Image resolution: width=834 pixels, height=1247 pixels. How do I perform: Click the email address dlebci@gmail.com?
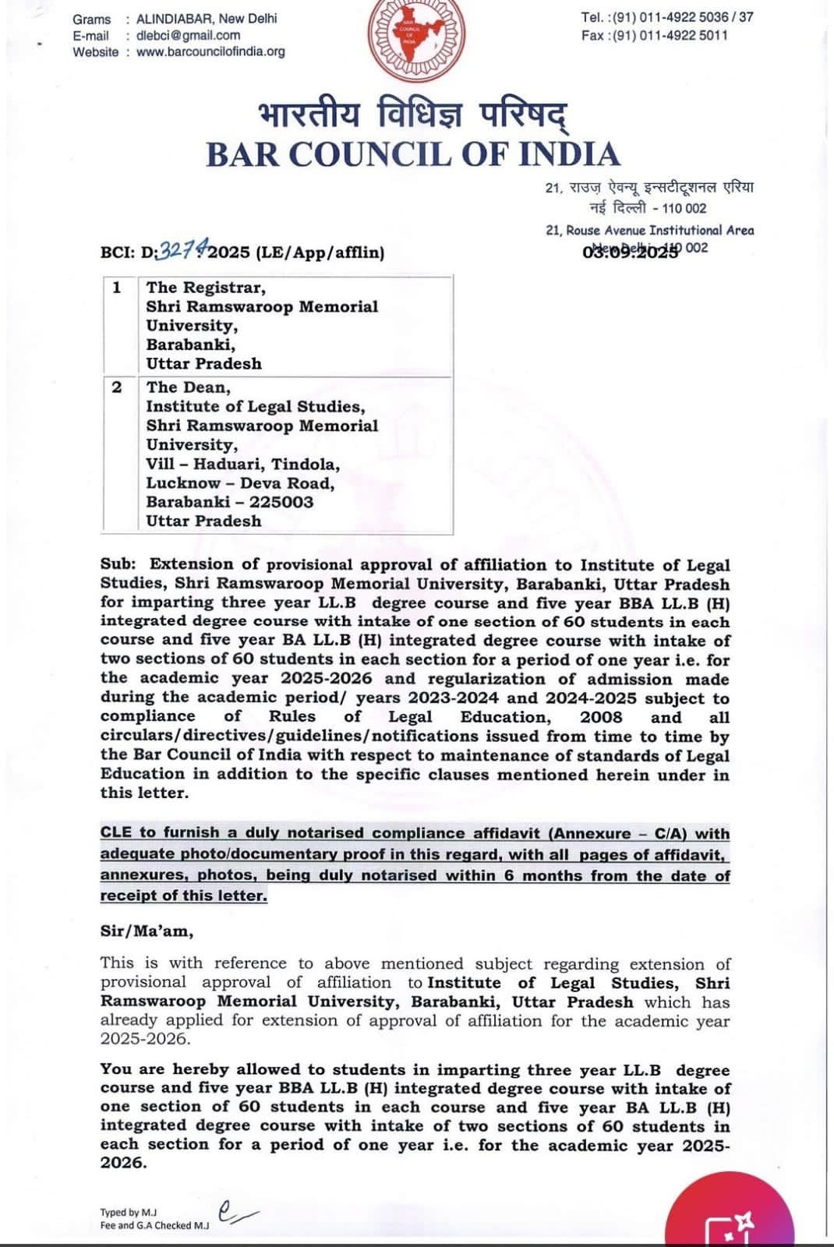point(188,35)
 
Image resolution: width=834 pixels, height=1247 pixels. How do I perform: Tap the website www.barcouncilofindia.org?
point(210,52)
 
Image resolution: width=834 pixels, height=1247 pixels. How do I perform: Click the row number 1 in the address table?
point(117,288)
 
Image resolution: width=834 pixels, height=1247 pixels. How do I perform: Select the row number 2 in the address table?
point(117,387)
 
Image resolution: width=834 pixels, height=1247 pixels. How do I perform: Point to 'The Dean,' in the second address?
point(188,387)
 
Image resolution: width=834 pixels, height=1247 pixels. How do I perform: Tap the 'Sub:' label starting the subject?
point(118,564)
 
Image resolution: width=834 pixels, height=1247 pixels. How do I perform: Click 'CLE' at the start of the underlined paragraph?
point(116,833)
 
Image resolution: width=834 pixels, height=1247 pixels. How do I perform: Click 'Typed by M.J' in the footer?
point(128,1212)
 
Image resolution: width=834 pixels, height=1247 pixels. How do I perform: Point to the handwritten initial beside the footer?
point(235,1212)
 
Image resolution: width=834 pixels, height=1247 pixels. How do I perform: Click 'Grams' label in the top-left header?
point(91,19)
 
